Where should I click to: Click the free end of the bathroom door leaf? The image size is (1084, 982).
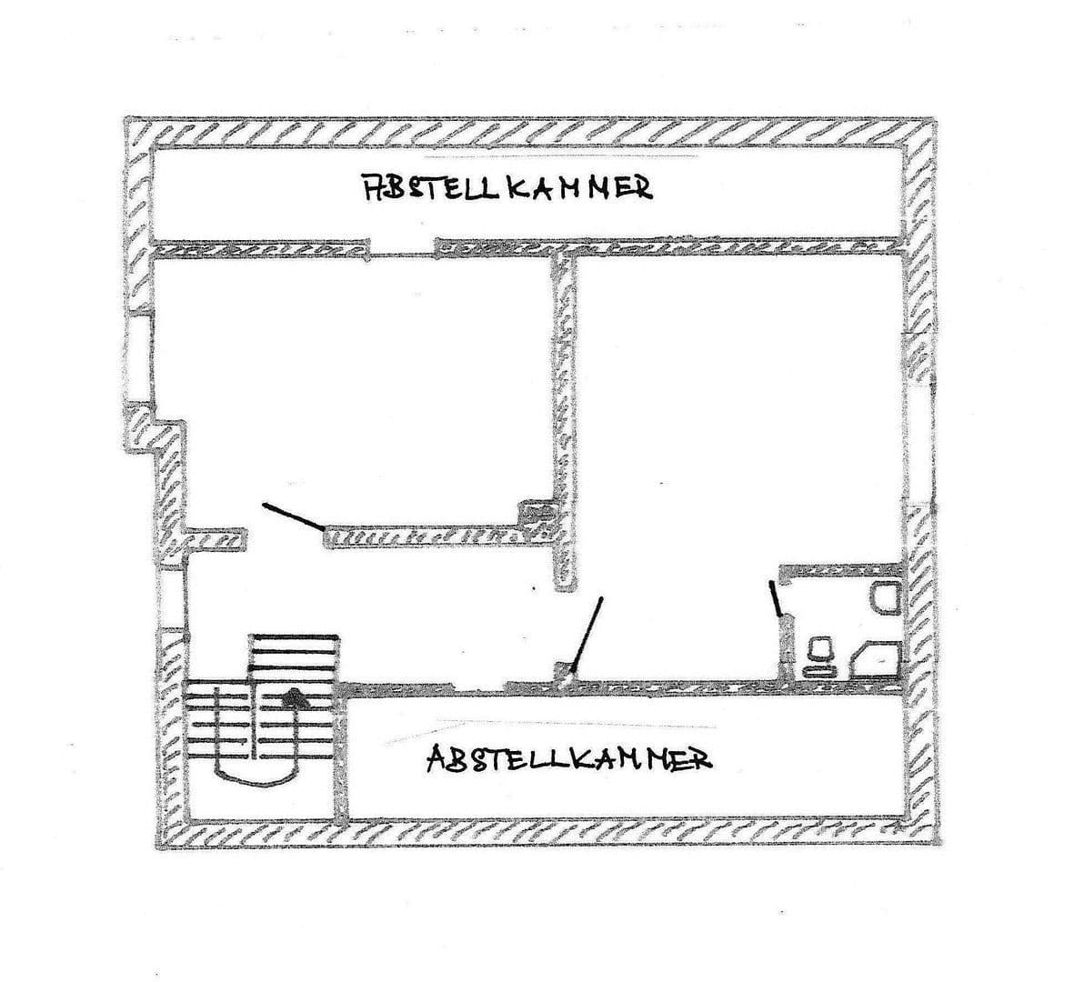click(x=771, y=582)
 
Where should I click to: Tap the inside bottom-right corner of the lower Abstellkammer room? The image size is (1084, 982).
click(x=904, y=817)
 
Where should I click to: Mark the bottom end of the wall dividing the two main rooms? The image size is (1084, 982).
click(x=566, y=589)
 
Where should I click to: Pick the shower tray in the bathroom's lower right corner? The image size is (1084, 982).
click(x=875, y=658)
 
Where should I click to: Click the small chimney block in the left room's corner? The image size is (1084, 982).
click(x=537, y=520)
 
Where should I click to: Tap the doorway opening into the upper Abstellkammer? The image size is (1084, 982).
click(x=402, y=247)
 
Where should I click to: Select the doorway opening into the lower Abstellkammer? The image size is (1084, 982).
click(x=477, y=688)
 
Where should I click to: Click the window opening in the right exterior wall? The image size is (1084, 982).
click(x=918, y=443)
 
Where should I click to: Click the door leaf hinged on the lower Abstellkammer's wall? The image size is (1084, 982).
click(x=587, y=636)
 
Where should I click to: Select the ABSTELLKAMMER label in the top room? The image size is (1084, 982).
click(x=507, y=187)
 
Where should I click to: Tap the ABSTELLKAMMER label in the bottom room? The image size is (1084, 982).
click(x=569, y=759)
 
